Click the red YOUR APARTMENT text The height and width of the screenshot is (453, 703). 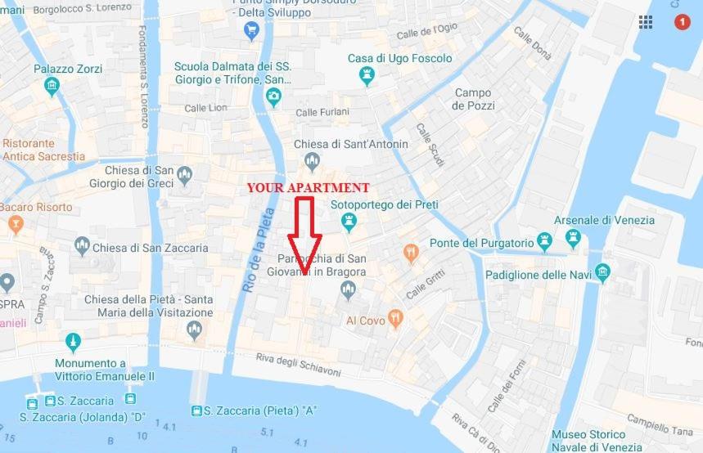308,187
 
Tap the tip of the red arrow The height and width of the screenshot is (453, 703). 304,274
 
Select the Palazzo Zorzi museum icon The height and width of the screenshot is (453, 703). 52,87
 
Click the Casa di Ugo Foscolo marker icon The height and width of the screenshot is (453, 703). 367,76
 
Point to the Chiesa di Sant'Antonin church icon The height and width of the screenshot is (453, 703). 311,160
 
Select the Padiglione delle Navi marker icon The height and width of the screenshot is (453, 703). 603,273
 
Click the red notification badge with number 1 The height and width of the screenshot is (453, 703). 682,22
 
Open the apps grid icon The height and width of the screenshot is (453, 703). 646,22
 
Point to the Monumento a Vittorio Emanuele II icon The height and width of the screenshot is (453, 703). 73,343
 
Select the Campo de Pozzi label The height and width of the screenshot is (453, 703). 473,100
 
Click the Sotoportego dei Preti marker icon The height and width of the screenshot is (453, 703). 349,221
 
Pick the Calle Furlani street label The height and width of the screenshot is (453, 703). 322,112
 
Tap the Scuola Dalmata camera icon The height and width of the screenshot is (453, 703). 273,97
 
